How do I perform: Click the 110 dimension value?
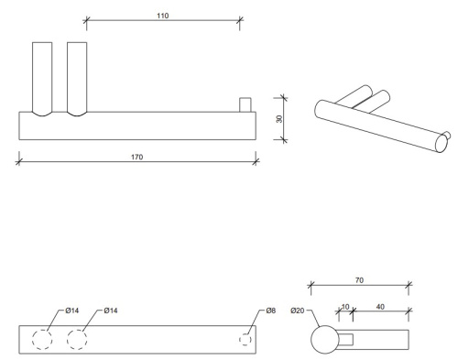coord(163,16)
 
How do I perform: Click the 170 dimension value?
coord(136,156)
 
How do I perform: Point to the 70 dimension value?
coord(358,281)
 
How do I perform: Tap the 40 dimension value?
coord(379,308)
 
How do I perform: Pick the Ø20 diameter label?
coord(298,311)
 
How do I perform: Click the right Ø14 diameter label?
coord(111,311)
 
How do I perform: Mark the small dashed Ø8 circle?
coord(245,340)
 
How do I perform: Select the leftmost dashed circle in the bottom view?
coord(42,340)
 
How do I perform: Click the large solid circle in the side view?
coord(324,341)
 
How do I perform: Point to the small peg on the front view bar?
coord(245,104)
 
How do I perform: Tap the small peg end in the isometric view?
coord(446,138)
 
